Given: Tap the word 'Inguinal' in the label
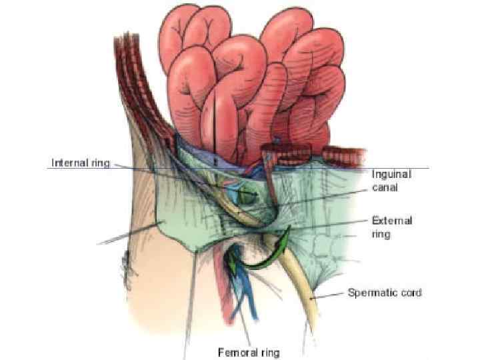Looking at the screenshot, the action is coord(391,174).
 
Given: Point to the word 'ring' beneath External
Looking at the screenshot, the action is coord(381,235).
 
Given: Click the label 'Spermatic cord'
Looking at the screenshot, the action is coord(385,292).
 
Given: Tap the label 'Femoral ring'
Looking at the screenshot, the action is coord(249,351).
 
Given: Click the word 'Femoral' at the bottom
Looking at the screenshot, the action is coord(237,351).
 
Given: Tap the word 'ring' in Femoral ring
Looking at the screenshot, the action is coord(269,351).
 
